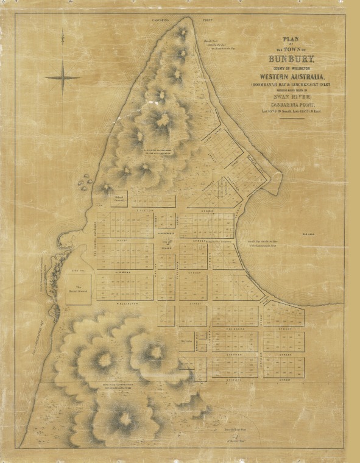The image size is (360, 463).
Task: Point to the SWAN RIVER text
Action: point(288,96)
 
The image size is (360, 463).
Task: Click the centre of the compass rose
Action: point(63,77)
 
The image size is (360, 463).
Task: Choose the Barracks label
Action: point(187,341)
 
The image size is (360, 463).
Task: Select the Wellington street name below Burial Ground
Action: point(124,302)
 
